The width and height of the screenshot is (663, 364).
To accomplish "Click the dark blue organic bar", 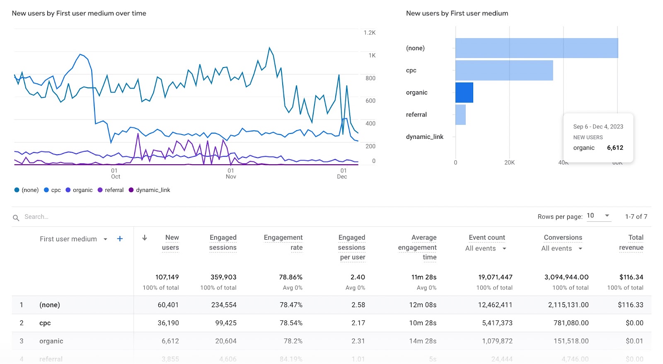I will pos(464,92).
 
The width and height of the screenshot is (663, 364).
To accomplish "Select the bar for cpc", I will pos(504,70).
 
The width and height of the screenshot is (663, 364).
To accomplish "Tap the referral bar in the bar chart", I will pos(460,115).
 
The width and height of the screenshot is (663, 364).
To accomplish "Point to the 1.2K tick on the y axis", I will pos(369,33).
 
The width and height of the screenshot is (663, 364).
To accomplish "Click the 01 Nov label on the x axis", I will pos(231,174).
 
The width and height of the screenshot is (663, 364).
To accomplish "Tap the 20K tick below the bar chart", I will pos(509,163).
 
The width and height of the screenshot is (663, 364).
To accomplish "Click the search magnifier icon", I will pos(16,218).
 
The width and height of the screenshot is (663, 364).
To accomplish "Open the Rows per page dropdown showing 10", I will pos(599,216).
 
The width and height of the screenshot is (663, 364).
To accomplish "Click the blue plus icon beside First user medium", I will pos(120,239).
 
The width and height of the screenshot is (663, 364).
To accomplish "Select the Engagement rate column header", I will pos(283,242).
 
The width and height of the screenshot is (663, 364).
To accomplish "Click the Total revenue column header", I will pos(631,242).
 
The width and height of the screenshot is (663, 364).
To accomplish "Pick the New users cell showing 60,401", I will pos(168,305).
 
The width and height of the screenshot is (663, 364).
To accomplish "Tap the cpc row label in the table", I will pos(45,323).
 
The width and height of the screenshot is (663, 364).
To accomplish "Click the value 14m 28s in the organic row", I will pos(423,341).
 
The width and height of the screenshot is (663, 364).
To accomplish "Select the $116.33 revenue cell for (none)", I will pos(630,305).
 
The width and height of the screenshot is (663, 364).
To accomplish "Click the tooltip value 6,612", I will pos(615,148).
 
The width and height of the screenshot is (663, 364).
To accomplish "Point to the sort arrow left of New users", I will pos(145,238).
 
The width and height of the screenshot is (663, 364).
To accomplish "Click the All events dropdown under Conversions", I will pos(562,248).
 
